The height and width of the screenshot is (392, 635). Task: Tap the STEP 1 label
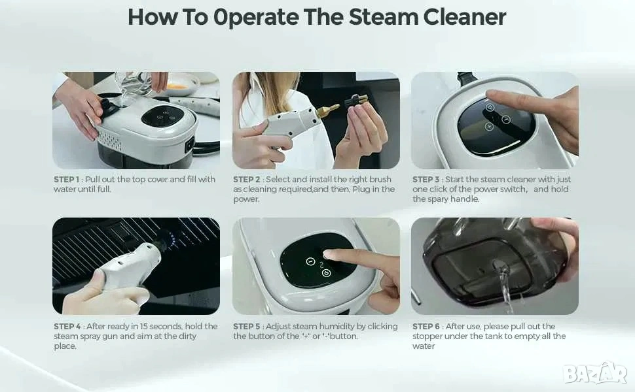[x=66, y=180]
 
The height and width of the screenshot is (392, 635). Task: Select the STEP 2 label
[x=247, y=180]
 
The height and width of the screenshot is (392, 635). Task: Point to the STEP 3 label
[x=426, y=180]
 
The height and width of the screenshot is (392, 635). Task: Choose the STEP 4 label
[x=67, y=326]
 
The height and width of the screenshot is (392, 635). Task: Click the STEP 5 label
[x=247, y=326]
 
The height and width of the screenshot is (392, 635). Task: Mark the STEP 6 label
[x=426, y=326]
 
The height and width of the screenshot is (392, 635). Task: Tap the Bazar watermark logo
[x=595, y=373]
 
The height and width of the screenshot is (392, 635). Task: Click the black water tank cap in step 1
[x=109, y=108]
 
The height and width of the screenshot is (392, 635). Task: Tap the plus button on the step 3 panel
[x=489, y=127]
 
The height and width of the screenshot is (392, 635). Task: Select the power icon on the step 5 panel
[x=327, y=274]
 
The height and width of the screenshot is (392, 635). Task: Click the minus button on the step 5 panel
[x=310, y=261]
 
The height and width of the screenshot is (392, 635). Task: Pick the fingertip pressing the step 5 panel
[x=329, y=254]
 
